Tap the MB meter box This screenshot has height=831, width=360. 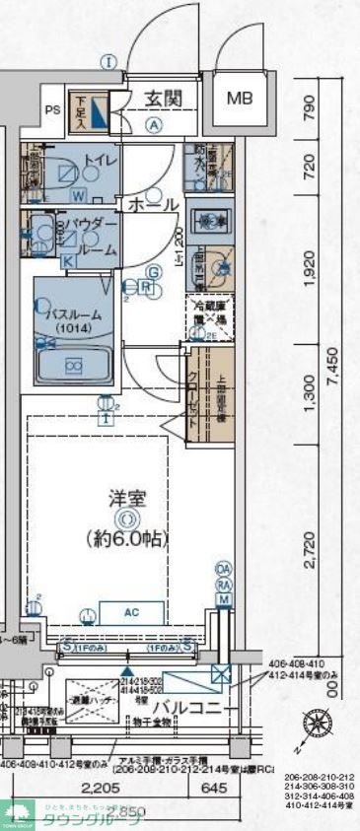tap(240, 99)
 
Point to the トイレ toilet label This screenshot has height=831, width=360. tap(101, 160)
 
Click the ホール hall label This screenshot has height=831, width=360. tap(151, 204)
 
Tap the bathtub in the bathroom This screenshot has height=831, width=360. tap(74, 365)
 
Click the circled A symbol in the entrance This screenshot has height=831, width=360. tap(154, 124)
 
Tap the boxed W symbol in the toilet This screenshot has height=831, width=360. tap(77, 193)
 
